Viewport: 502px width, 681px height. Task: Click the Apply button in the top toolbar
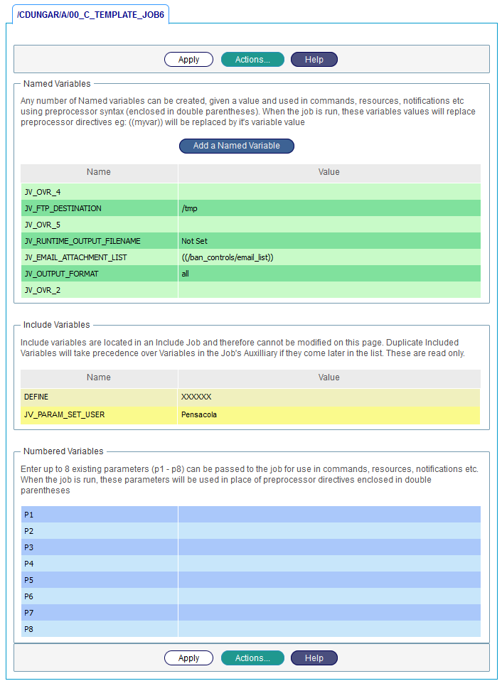click(188, 60)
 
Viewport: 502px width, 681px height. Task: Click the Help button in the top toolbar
click(314, 60)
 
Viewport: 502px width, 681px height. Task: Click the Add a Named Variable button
click(236, 146)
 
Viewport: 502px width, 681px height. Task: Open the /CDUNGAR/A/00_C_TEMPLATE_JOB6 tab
click(90, 14)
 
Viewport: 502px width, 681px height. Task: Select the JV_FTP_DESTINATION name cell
click(63, 208)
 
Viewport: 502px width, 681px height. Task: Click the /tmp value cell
click(189, 208)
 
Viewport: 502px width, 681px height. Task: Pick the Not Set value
click(194, 241)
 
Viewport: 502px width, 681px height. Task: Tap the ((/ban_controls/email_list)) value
click(228, 257)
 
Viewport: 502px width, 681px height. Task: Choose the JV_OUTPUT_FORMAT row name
click(61, 274)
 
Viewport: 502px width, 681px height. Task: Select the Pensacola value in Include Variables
click(199, 414)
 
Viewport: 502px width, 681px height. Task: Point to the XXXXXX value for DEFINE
click(196, 397)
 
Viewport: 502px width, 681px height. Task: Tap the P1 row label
click(29, 514)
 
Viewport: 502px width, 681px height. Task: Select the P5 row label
click(29, 579)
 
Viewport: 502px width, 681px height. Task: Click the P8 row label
click(29, 629)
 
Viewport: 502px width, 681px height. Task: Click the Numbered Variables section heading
click(63, 451)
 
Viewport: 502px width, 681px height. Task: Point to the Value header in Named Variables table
click(329, 172)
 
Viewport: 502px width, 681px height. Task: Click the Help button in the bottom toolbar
click(314, 658)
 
